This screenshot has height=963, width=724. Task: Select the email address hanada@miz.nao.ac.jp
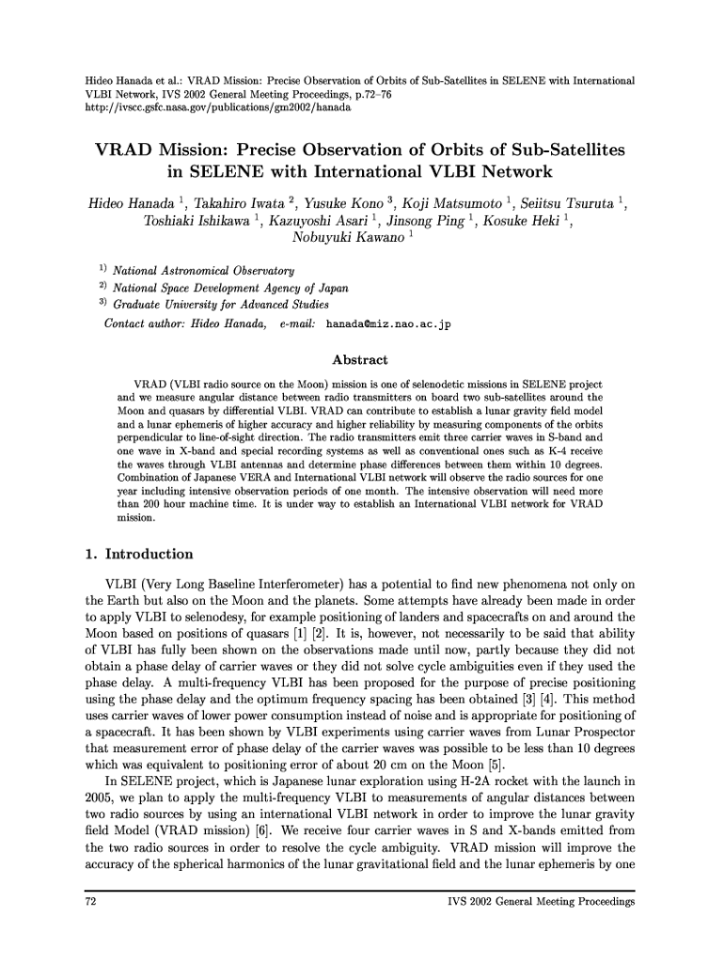388,324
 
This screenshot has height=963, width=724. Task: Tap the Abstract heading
361,360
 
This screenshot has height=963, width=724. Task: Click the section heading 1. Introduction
138,554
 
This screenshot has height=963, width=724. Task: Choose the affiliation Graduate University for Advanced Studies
221,305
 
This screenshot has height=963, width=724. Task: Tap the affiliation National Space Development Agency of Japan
230,288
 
